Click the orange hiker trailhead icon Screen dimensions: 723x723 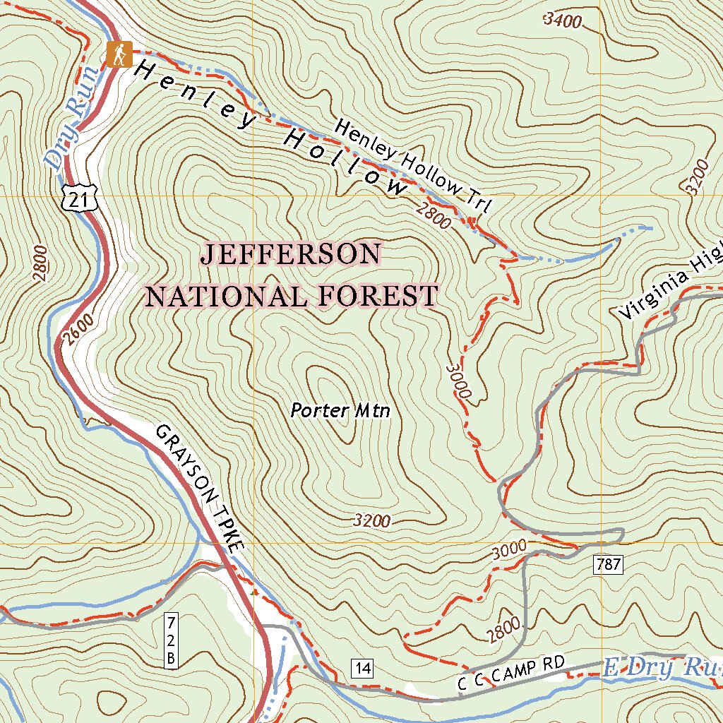click(119, 54)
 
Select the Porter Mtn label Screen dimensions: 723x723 click(340, 410)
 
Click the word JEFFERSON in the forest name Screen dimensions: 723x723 click(292, 254)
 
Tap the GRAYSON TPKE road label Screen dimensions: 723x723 click(199, 486)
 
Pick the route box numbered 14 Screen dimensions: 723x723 click(362, 668)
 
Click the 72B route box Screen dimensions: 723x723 click(170, 640)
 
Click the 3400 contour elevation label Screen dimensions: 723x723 click(563, 20)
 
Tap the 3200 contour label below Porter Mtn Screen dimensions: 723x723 click(371, 522)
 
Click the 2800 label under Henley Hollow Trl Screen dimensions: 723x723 click(433, 215)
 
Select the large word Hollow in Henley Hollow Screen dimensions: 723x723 click(345, 162)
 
